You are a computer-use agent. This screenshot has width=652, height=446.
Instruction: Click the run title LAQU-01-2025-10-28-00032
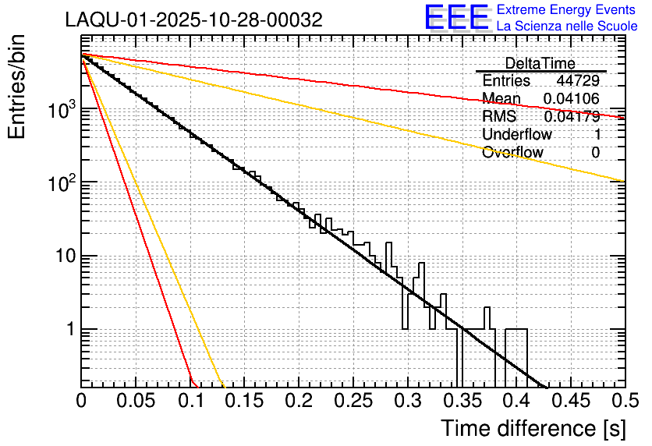tap(193, 20)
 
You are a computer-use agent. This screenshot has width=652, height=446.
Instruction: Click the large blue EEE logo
tap(456, 19)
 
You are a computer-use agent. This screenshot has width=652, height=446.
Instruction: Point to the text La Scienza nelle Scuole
tap(567, 27)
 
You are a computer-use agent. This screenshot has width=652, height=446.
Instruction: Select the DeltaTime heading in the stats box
tap(540, 63)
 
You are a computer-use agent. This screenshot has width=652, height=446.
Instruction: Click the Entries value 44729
tap(578, 80)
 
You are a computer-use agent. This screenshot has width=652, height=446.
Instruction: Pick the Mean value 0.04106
tap(572, 98)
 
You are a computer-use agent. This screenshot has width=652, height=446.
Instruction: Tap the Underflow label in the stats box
tap(517, 134)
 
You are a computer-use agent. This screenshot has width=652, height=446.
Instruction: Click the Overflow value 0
tap(596, 152)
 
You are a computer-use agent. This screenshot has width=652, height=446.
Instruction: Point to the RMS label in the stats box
tap(499, 116)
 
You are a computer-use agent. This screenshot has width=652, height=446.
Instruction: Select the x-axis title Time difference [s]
tap(533, 428)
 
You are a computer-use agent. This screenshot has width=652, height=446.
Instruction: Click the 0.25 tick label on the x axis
tap(353, 401)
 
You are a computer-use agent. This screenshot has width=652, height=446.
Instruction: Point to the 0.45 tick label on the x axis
tap(570, 401)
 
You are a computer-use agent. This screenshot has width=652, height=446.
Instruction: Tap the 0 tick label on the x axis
tap(82, 401)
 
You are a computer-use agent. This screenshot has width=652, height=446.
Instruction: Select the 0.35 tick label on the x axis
tap(461, 401)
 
